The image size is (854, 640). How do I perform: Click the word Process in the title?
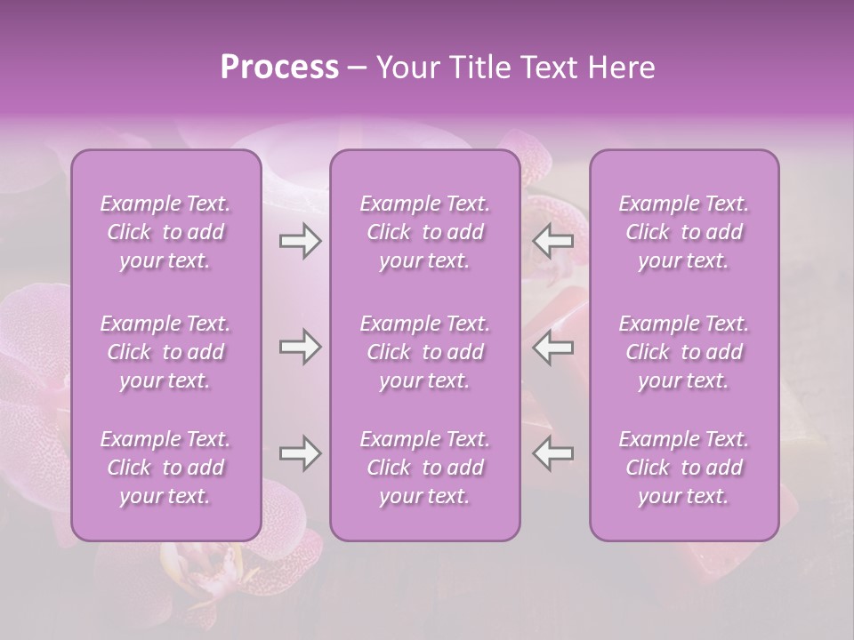pyautogui.click(x=279, y=68)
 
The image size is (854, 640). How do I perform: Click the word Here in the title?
pyautogui.click(x=621, y=68)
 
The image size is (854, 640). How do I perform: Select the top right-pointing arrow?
pyautogui.click(x=300, y=241)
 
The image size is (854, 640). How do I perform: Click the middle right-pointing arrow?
pyautogui.click(x=300, y=347)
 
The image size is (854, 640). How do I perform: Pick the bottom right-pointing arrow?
pyautogui.click(x=300, y=453)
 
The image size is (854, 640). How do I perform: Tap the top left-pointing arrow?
pyautogui.click(x=553, y=241)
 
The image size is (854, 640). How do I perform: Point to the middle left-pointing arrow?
pyautogui.click(x=553, y=347)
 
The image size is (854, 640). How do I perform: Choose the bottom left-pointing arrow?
pyautogui.click(x=553, y=453)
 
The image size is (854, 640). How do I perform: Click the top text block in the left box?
pyautogui.click(x=165, y=232)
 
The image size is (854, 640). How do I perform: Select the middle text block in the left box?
pyautogui.click(x=165, y=352)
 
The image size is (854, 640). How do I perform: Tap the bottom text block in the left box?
pyautogui.click(x=165, y=468)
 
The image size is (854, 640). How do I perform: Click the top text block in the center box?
pyautogui.click(x=424, y=232)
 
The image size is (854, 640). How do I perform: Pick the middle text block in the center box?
pyautogui.click(x=424, y=352)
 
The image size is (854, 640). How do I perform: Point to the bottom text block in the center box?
pyautogui.click(x=424, y=468)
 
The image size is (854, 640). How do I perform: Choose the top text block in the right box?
pyautogui.click(x=684, y=232)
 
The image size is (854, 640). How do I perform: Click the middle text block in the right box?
pyautogui.click(x=684, y=352)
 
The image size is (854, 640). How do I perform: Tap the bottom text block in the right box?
pyautogui.click(x=684, y=468)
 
